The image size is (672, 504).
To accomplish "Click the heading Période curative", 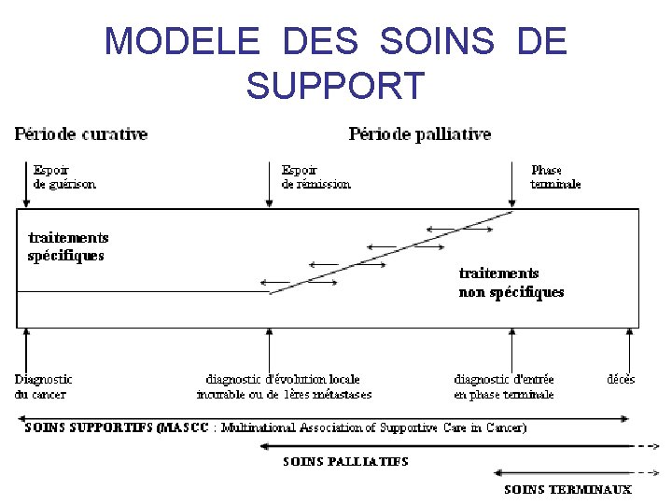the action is [81, 134].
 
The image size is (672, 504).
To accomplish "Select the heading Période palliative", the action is [419, 134].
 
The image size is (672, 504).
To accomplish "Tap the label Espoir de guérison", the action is [63, 177].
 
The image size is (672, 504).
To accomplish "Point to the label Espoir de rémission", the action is [315, 177].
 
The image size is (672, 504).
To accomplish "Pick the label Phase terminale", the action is [555, 177].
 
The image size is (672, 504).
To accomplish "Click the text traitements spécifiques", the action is [66, 246].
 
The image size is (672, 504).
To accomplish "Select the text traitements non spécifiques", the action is [511, 283].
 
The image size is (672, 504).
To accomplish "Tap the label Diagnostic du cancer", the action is [43, 386].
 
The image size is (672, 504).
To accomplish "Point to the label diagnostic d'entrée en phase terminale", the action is [504, 386].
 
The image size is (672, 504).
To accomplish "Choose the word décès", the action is [621, 380].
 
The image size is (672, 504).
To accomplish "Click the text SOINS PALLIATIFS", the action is [345, 461].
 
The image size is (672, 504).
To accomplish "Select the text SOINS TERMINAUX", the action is [567, 489].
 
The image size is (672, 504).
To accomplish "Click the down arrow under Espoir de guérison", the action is [25, 187].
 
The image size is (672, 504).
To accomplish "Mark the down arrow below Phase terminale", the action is [511, 191].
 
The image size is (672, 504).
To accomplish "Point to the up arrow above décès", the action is [628, 349].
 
